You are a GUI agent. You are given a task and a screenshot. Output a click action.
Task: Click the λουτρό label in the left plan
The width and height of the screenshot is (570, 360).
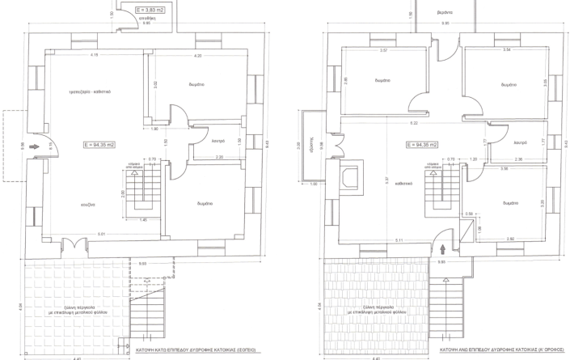point(217,141)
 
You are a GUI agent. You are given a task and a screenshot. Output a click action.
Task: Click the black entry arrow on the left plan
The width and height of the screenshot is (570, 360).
point(33,147)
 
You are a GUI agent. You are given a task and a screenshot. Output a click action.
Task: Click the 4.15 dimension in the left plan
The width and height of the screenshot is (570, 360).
point(95,55)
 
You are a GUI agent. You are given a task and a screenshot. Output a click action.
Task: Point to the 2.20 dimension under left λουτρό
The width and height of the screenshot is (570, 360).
point(219,157)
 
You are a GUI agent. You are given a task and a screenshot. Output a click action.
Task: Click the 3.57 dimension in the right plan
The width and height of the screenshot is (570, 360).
point(384,50)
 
